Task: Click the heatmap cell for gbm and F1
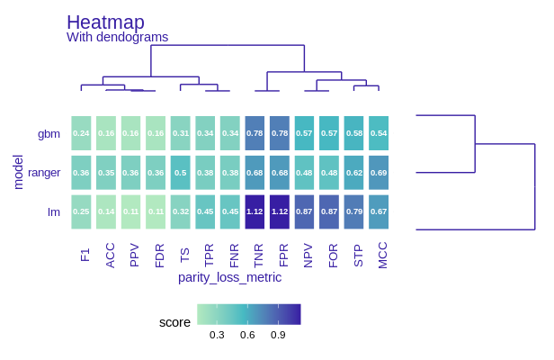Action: [81, 133]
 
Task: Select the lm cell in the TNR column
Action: [255, 211]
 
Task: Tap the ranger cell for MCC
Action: [379, 172]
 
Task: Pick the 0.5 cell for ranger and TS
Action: [180, 172]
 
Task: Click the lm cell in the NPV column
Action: [304, 211]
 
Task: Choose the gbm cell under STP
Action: [353, 133]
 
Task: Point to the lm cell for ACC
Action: [106, 211]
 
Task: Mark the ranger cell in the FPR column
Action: [280, 172]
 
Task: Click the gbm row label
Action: [49, 134]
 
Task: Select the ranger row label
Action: [44, 173]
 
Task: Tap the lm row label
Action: [54, 211]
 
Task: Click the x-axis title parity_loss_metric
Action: [229, 277]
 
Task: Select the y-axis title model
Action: [18, 172]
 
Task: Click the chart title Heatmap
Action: [105, 22]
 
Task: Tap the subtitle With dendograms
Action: [117, 38]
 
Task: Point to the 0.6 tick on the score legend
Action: [247, 335]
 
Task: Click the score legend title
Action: [174, 322]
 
